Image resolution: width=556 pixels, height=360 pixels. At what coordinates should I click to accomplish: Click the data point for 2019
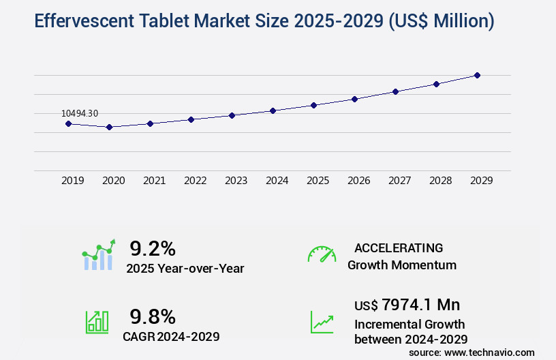tap(68, 123)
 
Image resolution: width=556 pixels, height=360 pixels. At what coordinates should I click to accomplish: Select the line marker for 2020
tap(109, 127)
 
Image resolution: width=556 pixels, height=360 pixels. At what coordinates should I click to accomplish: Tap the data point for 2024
tap(273, 110)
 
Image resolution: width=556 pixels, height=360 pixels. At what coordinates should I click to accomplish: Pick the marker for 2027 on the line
tap(395, 91)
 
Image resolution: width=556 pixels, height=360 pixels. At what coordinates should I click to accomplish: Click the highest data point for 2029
tap(477, 75)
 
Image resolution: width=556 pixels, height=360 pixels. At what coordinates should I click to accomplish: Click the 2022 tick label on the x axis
tap(195, 181)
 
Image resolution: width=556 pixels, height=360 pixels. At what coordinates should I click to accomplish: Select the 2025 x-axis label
tap(318, 181)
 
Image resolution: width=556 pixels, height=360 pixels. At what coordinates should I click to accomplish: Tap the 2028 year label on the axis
tap(440, 181)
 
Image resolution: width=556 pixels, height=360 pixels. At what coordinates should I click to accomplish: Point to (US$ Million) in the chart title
tap(440, 21)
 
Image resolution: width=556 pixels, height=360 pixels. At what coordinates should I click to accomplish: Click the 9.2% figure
tap(153, 248)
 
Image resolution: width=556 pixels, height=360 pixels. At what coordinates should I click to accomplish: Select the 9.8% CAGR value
tap(153, 316)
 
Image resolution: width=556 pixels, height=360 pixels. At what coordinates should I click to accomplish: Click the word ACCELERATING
tap(399, 248)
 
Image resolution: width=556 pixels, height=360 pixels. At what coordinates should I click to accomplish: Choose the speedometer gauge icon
tap(322, 254)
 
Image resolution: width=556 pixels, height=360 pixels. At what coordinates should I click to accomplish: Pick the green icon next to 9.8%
tap(97, 322)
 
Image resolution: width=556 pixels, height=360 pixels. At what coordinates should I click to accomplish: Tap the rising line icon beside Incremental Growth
tap(322, 322)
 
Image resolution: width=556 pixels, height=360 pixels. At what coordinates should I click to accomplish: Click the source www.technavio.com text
tap(472, 352)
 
